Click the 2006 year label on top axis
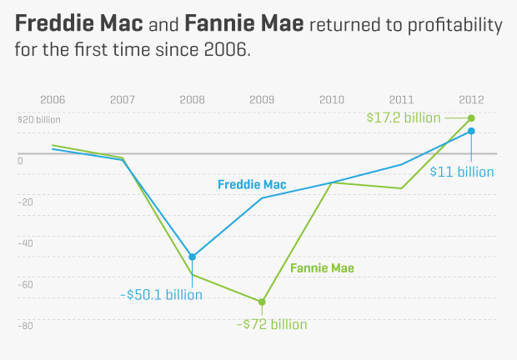pyautogui.click(x=53, y=99)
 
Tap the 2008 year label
pyautogui.click(x=192, y=99)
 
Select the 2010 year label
pyautogui.click(x=332, y=99)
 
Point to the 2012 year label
pyautogui.click(x=471, y=99)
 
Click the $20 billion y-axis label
pyautogui.click(x=39, y=119)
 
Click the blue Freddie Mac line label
pyautogui.click(x=250, y=183)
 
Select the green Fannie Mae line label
pyautogui.click(x=323, y=268)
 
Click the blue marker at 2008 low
pyautogui.click(x=193, y=257)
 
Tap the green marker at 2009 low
pyautogui.click(x=262, y=302)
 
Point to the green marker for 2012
pyautogui.click(x=471, y=118)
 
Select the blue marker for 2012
pyautogui.click(x=471, y=131)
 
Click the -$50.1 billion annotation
pyautogui.click(x=161, y=294)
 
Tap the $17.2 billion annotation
pyautogui.click(x=404, y=117)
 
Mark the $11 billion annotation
pyautogui.click(x=462, y=172)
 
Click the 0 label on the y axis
pyautogui.click(x=21, y=161)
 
